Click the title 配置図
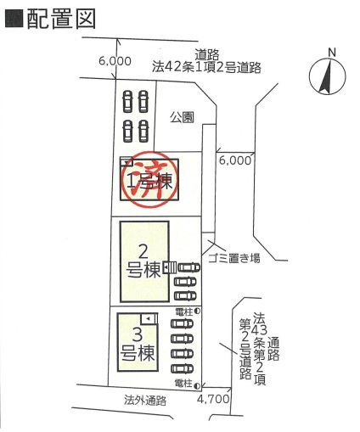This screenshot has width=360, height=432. [x=61, y=20]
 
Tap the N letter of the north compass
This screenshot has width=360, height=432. [x=332, y=53]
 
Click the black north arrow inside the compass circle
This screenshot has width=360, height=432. [x=326, y=77]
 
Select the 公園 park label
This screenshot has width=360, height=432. [x=182, y=117]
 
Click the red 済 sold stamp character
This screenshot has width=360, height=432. [x=149, y=181]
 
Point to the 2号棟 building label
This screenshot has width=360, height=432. [x=143, y=261]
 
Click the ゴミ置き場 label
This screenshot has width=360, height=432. [x=234, y=258]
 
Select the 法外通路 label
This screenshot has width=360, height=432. [x=145, y=401]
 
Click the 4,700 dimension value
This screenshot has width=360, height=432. [x=213, y=399]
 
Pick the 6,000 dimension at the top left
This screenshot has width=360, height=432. [x=115, y=61]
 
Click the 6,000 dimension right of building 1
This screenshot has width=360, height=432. [x=235, y=160]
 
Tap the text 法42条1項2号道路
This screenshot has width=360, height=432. [x=206, y=68]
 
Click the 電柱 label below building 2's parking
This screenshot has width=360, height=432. [x=184, y=311]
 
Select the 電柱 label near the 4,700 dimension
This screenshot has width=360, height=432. [x=184, y=384]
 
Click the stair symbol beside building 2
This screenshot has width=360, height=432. [x=170, y=267]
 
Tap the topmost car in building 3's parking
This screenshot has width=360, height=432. [x=182, y=323]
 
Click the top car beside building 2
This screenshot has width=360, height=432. [x=188, y=267]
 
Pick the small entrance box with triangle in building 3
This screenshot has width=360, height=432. [x=149, y=318]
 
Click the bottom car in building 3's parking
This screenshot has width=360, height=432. [x=182, y=368]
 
